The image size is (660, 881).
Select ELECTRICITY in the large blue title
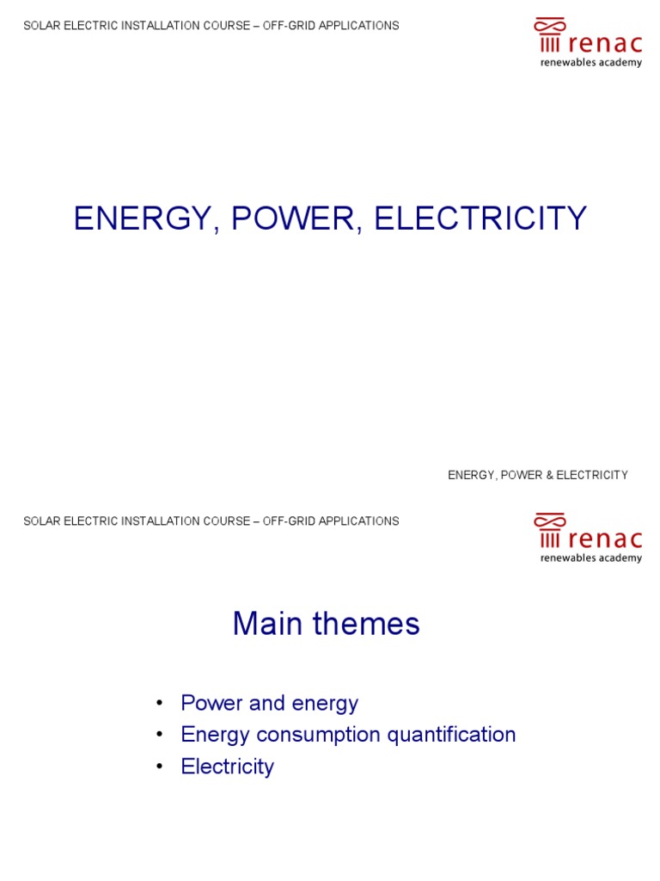(x=480, y=219)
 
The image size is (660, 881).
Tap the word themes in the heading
(x=368, y=624)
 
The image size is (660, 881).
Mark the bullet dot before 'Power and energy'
(x=159, y=704)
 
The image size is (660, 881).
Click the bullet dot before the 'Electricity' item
(x=159, y=767)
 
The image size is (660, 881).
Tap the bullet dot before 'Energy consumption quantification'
(x=159, y=736)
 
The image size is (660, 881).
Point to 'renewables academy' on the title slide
(x=590, y=63)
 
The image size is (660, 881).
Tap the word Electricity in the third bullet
(x=227, y=767)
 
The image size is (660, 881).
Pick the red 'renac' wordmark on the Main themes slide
(x=604, y=539)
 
